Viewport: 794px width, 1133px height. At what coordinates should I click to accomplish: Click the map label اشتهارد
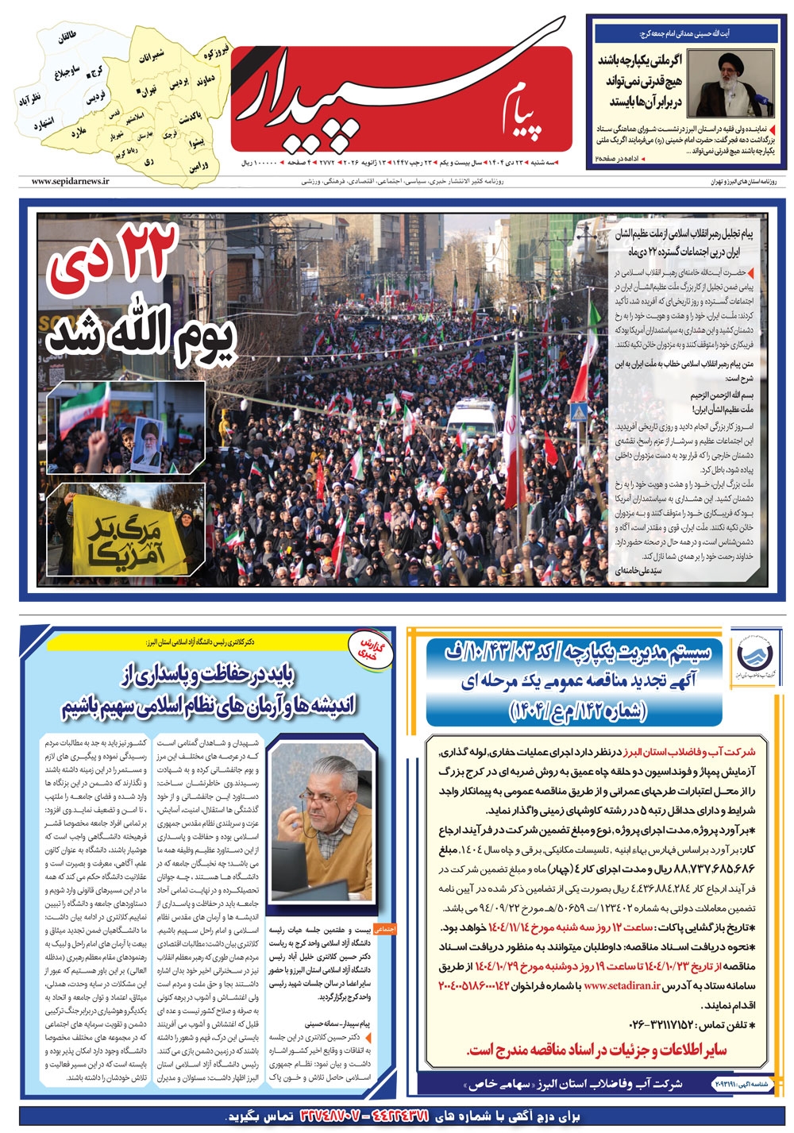[43, 124]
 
